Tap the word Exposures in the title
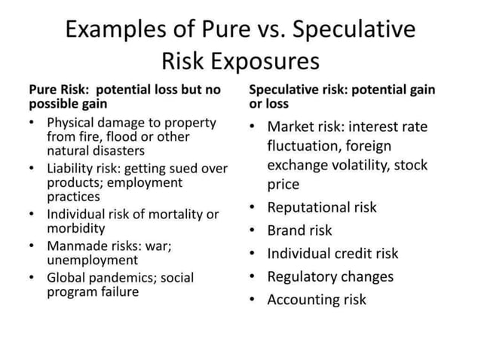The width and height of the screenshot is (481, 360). tap(272, 60)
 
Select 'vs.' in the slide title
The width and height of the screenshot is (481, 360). tap(265, 29)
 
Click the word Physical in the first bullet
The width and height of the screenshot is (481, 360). tap(71, 122)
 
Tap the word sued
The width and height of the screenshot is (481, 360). tap(187, 168)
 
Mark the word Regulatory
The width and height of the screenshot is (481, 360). tap(302, 276)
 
